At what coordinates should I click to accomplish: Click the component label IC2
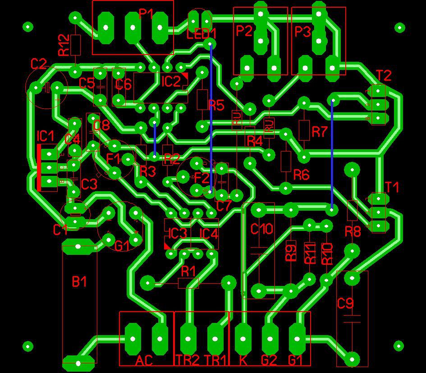(x=171, y=82)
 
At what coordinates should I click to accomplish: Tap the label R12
(x=64, y=46)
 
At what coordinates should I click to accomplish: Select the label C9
(x=345, y=304)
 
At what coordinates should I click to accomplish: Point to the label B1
(x=79, y=282)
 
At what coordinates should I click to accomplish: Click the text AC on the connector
(x=144, y=360)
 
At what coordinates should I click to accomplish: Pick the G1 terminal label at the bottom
(x=296, y=360)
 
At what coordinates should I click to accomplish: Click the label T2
(x=384, y=75)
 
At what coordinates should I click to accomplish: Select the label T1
(x=392, y=187)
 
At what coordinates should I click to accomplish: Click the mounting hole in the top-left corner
(x=28, y=27)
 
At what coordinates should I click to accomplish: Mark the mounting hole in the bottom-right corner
(x=399, y=346)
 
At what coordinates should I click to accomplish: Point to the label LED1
(x=202, y=34)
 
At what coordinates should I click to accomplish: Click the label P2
(x=244, y=32)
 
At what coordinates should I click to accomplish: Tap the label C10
(x=261, y=229)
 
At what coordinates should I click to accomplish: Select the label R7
(x=319, y=132)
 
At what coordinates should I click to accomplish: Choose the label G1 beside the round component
(x=122, y=246)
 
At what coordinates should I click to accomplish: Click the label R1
(x=188, y=271)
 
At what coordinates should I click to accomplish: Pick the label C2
(x=39, y=64)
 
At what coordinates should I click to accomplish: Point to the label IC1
(x=46, y=135)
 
